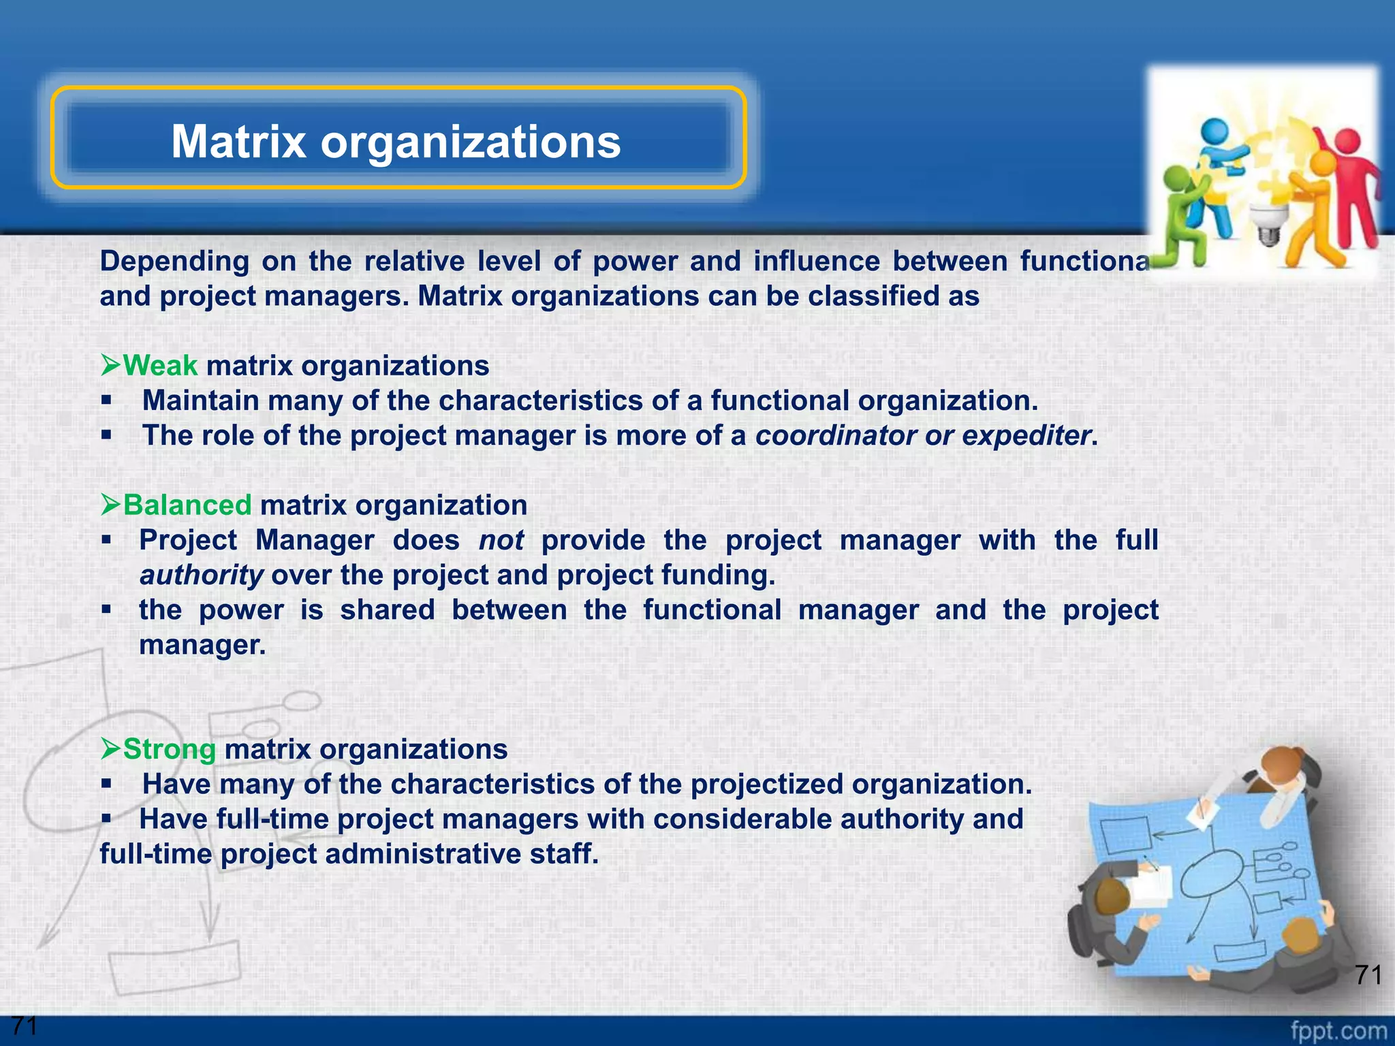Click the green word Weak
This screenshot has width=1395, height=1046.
(x=160, y=366)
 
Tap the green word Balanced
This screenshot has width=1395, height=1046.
(x=187, y=505)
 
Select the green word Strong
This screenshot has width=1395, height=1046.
(x=170, y=749)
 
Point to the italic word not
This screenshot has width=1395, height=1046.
(x=501, y=541)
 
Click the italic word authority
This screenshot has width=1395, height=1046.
(x=201, y=575)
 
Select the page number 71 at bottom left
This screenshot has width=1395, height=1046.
(x=25, y=1026)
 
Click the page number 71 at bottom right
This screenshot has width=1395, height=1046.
(x=1368, y=975)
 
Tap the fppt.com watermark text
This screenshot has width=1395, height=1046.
(x=1338, y=1031)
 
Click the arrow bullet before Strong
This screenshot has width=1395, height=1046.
(x=110, y=749)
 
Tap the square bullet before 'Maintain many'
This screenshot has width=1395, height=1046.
(x=106, y=400)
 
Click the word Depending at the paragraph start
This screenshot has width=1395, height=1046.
(x=174, y=261)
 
